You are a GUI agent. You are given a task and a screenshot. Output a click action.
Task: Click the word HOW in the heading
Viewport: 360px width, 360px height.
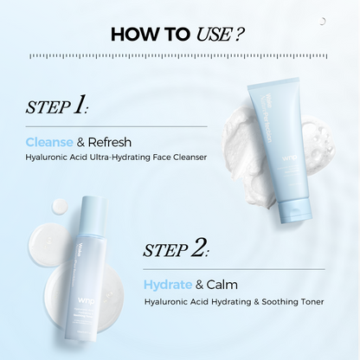click(137, 35)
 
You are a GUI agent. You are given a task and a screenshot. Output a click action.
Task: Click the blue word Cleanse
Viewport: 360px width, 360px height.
click(51, 141)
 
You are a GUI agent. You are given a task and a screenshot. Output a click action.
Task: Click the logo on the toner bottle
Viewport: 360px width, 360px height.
click(83, 286)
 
